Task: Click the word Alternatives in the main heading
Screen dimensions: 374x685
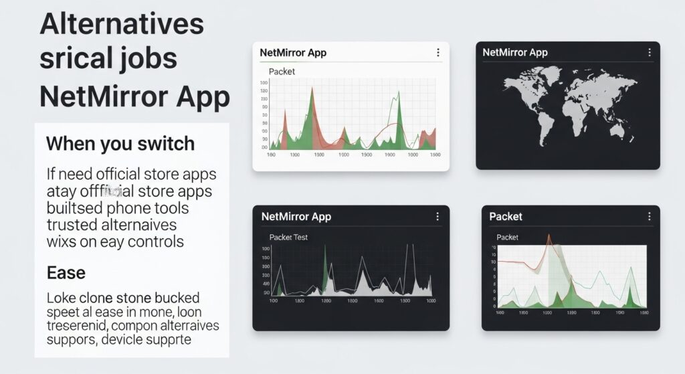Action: pos(121,24)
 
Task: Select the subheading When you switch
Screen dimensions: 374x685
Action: pos(120,143)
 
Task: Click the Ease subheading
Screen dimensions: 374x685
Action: pos(66,273)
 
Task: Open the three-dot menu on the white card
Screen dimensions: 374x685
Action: pos(437,53)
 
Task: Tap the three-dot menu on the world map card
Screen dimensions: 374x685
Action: pos(648,53)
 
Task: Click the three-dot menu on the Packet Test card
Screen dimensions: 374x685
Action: pos(437,217)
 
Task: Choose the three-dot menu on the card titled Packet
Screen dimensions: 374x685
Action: pos(648,217)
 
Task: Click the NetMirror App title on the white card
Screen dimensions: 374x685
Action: pos(293,53)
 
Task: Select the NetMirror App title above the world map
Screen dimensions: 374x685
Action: pos(515,53)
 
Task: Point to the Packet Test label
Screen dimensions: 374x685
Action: pos(288,237)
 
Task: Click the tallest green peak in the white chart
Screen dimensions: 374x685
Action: pos(312,90)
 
